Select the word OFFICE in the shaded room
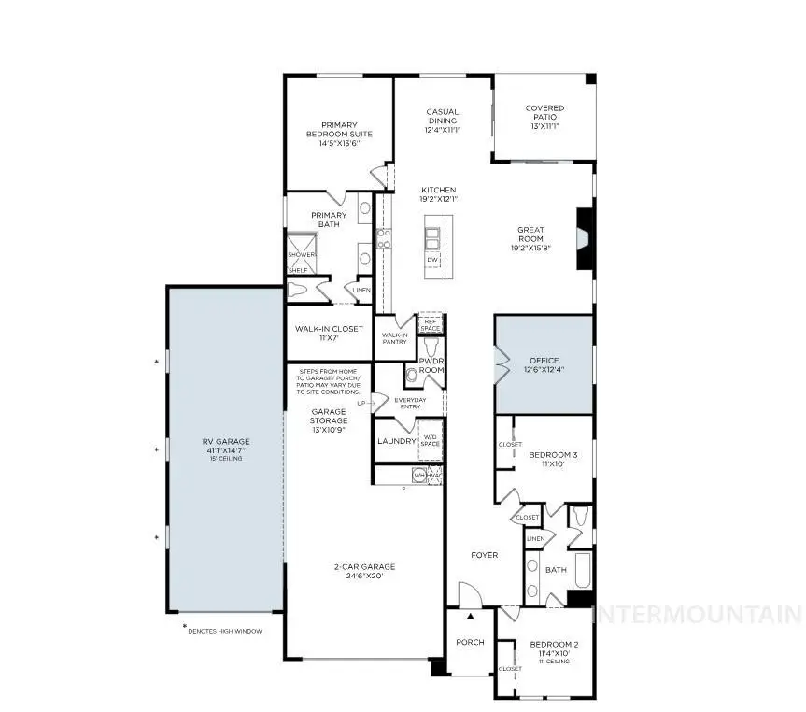coord(544,360)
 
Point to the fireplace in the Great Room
coord(584,240)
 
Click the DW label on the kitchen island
coord(432,259)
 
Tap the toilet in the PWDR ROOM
coord(412,376)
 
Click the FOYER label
coord(485,555)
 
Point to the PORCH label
coord(470,642)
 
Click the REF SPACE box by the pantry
coord(431,324)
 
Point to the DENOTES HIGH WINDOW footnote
coord(224,631)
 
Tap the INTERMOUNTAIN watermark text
coord(698,614)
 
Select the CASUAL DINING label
coord(442,117)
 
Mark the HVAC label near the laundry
coord(434,476)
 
